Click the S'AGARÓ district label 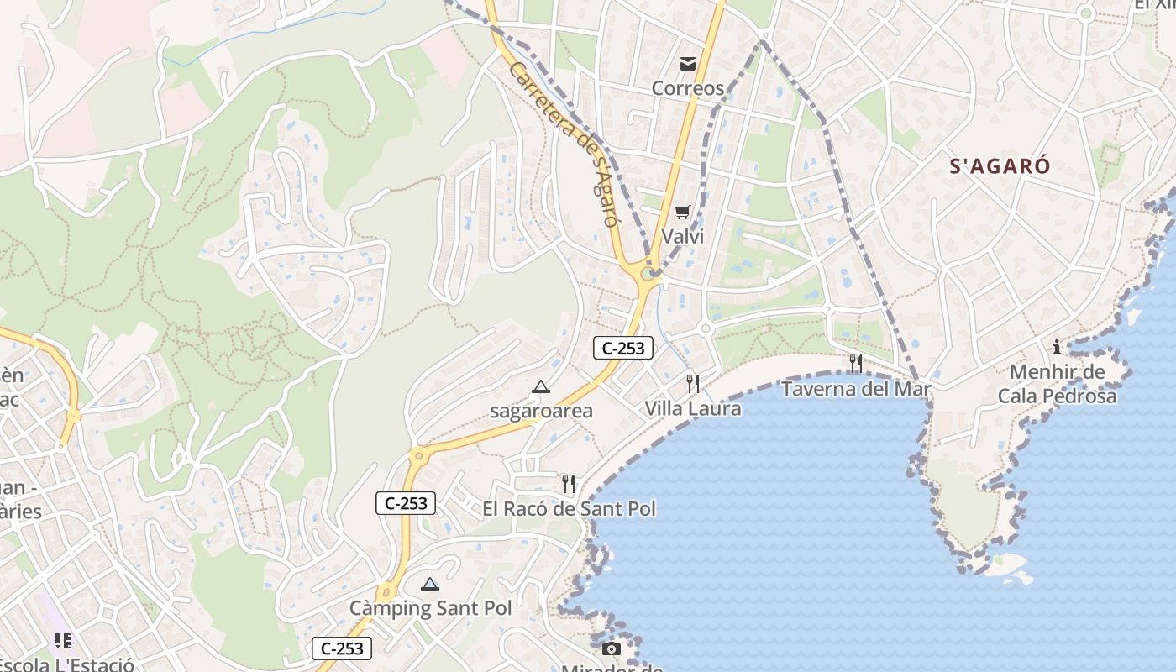click(x=1000, y=165)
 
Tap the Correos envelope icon click(x=688, y=64)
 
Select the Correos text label click(x=688, y=88)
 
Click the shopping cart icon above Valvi click(x=683, y=213)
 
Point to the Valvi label click(x=683, y=236)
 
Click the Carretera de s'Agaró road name click(x=564, y=144)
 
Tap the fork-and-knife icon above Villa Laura click(x=693, y=384)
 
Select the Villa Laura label click(x=693, y=409)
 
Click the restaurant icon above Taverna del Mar click(x=856, y=363)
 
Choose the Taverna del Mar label click(x=856, y=389)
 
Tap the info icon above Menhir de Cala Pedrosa click(x=1057, y=347)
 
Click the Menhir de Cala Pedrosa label click(x=1057, y=384)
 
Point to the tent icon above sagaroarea click(x=541, y=387)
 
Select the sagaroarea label click(x=541, y=411)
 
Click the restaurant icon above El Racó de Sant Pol click(x=569, y=484)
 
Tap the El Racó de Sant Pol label click(x=569, y=509)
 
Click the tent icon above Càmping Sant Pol click(x=430, y=584)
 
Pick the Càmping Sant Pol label click(x=430, y=608)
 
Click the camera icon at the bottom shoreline click(x=612, y=648)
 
